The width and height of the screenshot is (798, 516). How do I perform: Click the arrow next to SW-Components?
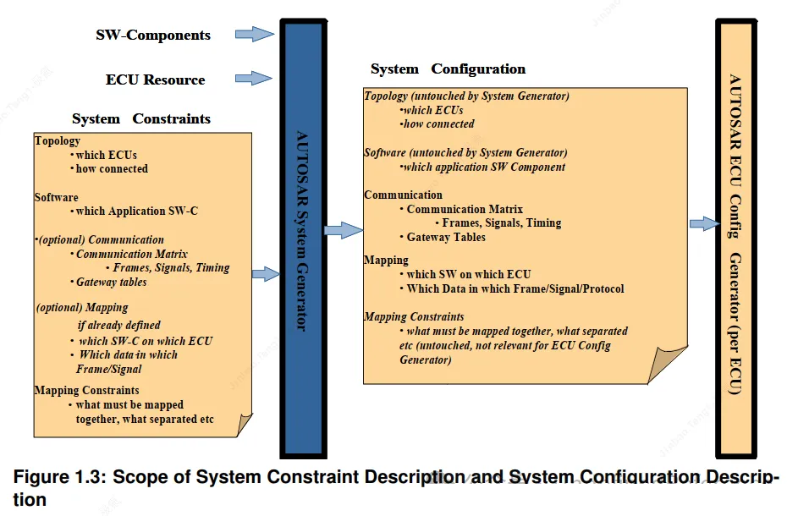[255, 34]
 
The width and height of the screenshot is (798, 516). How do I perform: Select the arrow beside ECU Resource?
[253, 79]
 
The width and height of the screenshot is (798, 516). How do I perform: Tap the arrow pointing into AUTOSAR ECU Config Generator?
[705, 223]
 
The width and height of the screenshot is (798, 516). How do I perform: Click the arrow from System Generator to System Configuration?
[344, 230]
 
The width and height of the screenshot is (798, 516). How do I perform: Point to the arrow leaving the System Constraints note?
[266, 274]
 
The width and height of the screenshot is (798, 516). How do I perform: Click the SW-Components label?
[153, 36]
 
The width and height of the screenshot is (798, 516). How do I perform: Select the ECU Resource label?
[155, 80]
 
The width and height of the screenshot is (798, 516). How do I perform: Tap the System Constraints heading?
[141, 118]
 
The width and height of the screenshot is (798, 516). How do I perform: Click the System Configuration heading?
[448, 69]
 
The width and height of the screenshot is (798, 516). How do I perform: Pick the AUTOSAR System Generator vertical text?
[302, 231]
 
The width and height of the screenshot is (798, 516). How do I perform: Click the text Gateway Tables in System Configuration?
[446, 237]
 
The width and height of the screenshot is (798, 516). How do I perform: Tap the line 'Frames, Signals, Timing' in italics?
[171, 267]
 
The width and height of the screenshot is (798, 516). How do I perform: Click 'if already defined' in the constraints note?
[118, 325]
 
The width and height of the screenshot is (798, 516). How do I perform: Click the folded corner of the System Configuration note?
[667, 365]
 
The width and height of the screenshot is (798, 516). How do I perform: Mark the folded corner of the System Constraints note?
[245, 425]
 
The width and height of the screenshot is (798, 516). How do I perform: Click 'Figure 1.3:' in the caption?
[60, 477]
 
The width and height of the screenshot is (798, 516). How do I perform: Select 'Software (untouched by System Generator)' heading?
[465, 152]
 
